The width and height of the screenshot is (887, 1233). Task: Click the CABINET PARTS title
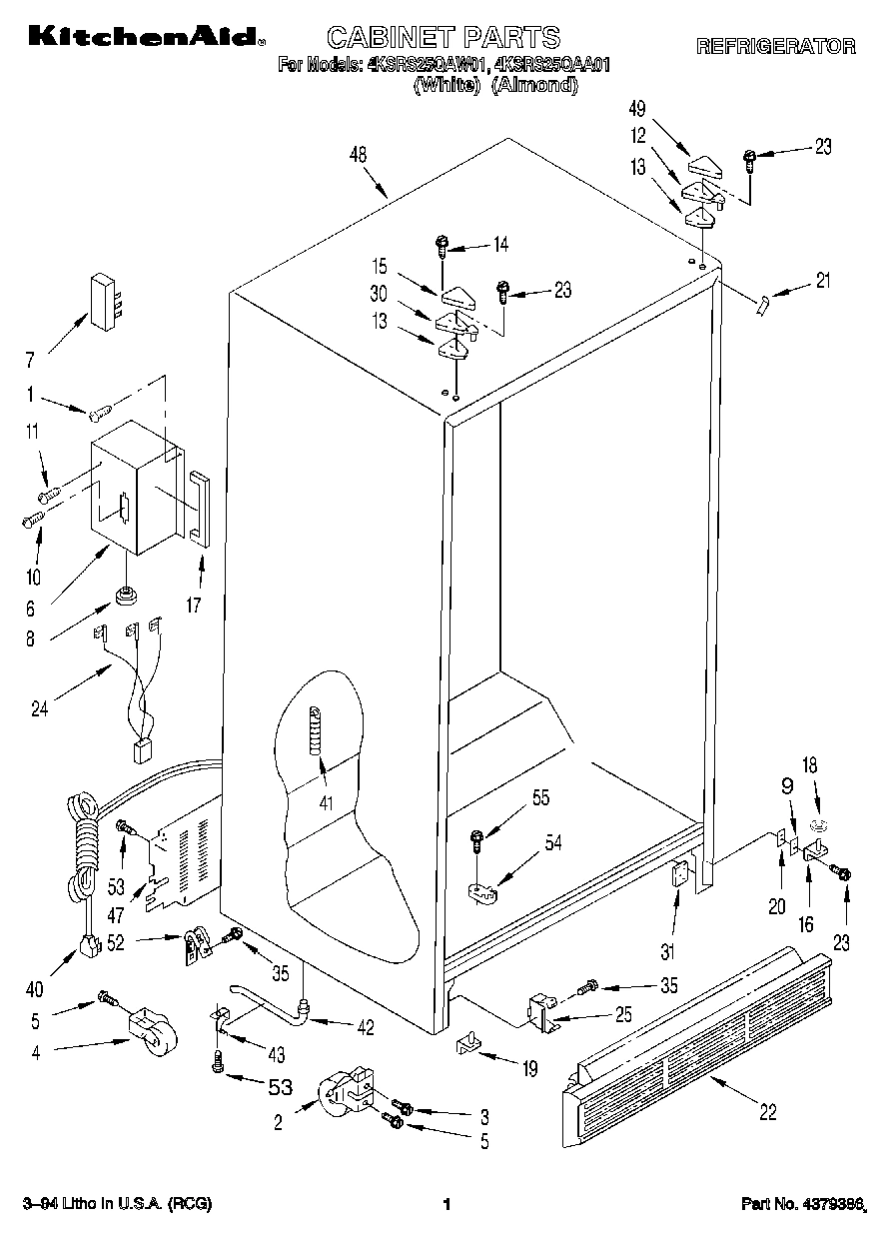(444, 38)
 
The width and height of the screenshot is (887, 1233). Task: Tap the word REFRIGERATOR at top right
(775, 46)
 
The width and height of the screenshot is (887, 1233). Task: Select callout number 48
(359, 154)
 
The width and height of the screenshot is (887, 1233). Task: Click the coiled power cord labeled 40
(82, 849)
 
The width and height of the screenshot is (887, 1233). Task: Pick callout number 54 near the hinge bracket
(552, 842)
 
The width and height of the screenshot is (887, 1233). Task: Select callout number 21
(822, 281)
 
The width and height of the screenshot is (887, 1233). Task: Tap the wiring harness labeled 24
(135, 689)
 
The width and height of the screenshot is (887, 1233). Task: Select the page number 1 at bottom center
(447, 1205)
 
